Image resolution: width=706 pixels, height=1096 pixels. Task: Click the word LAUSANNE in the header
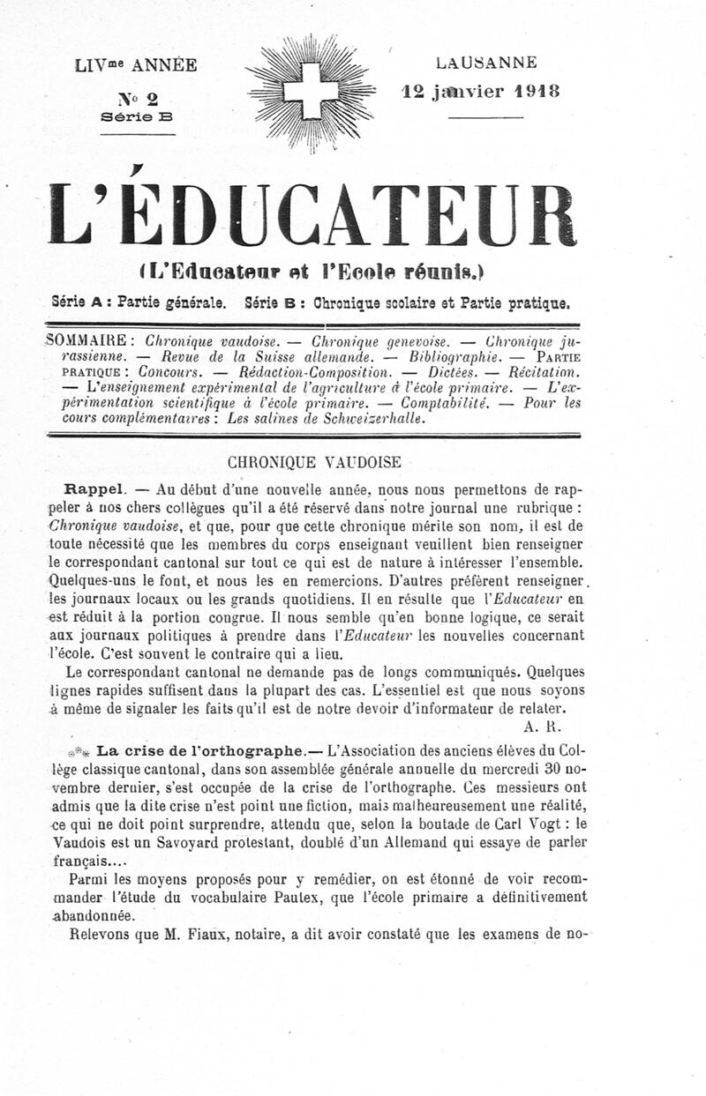(485, 63)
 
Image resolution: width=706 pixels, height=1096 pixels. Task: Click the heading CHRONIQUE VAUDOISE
(314, 461)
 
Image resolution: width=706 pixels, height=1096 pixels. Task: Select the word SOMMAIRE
(89, 339)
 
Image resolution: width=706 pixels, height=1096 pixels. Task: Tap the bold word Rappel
(92, 488)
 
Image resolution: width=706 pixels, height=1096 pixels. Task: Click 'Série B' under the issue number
(137, 116)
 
